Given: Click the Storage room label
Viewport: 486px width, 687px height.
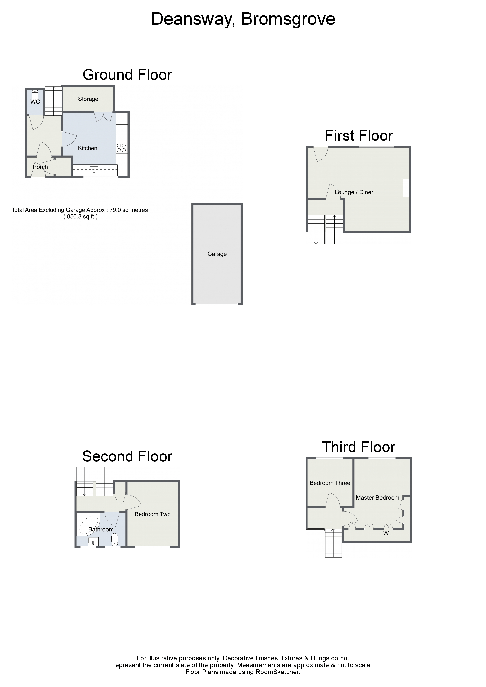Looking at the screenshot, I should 88,99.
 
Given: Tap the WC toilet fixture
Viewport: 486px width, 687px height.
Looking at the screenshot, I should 35,93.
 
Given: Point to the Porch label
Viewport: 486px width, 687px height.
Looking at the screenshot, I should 40,167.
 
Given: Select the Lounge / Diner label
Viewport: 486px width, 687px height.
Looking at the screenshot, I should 354,192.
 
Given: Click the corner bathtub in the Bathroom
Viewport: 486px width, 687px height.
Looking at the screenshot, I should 87,525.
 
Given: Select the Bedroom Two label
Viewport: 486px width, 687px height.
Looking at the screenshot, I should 152,514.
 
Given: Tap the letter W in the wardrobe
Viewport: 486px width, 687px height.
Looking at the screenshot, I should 386,533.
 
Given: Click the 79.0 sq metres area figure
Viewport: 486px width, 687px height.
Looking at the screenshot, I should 129,210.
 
